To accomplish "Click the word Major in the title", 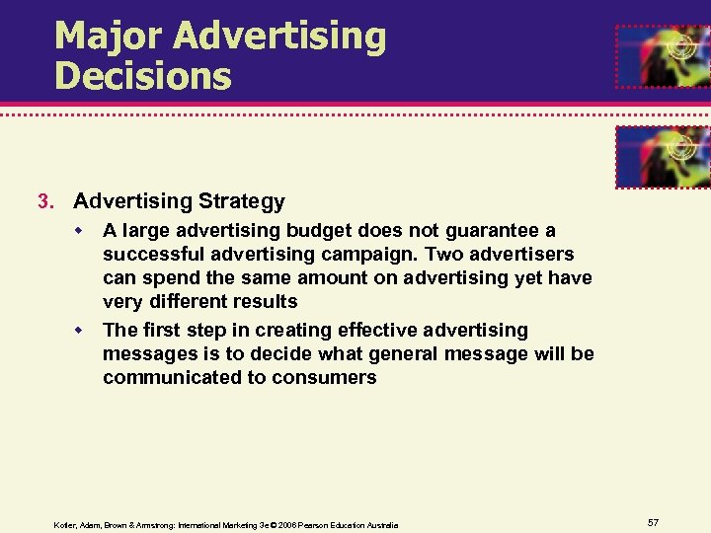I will click(x=109, y=37).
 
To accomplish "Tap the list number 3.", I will click(x=42, y=202).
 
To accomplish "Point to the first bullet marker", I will click(x=85, y=231).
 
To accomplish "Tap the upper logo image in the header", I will click(x=663, y=55).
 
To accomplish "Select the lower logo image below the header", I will click(x=663, y=157).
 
